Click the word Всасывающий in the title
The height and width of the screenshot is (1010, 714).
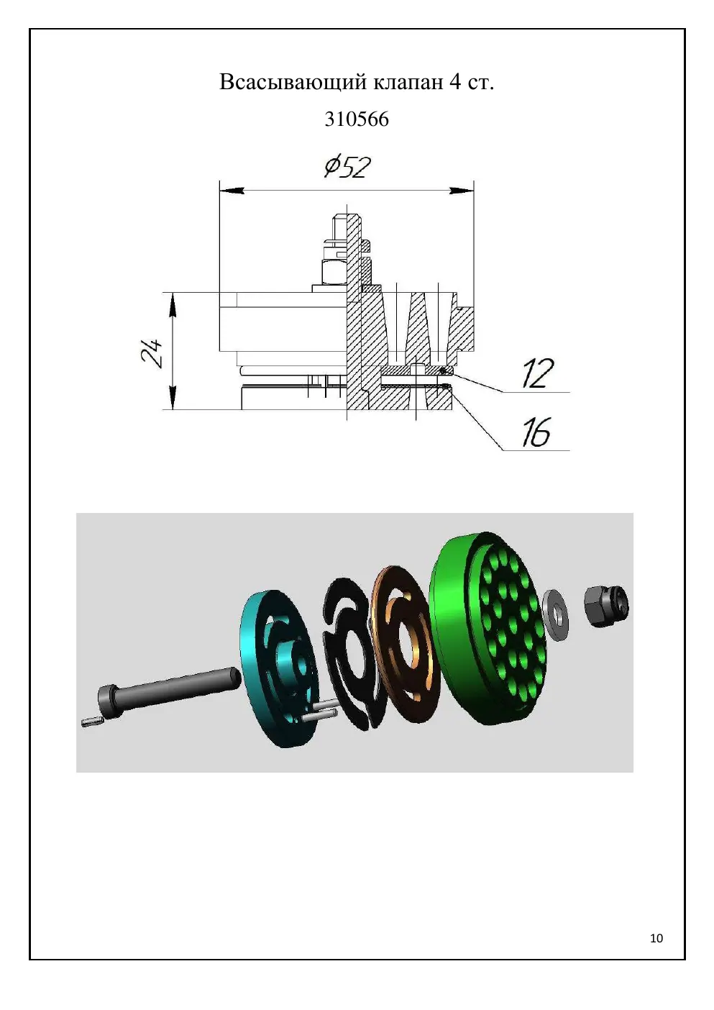click(x=293, y=83)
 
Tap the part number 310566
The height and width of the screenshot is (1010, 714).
click(x=357, y=119)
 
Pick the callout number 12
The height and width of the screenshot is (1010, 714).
click(x=538, y=373)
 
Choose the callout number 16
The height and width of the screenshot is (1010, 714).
click(x=536, y=432)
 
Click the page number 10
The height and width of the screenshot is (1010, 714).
click(x=656, y=938)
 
